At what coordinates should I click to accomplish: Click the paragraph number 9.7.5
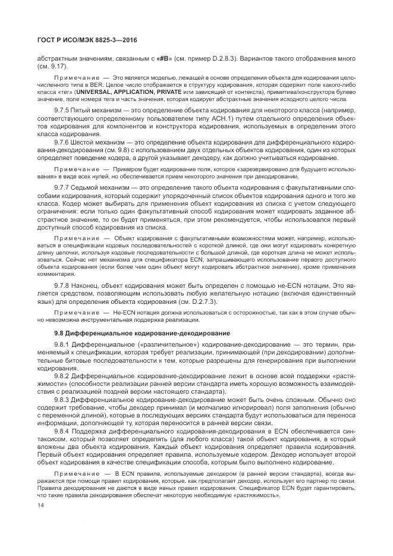tap(64, 111)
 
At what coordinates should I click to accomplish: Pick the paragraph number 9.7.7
tap(64, 187)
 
